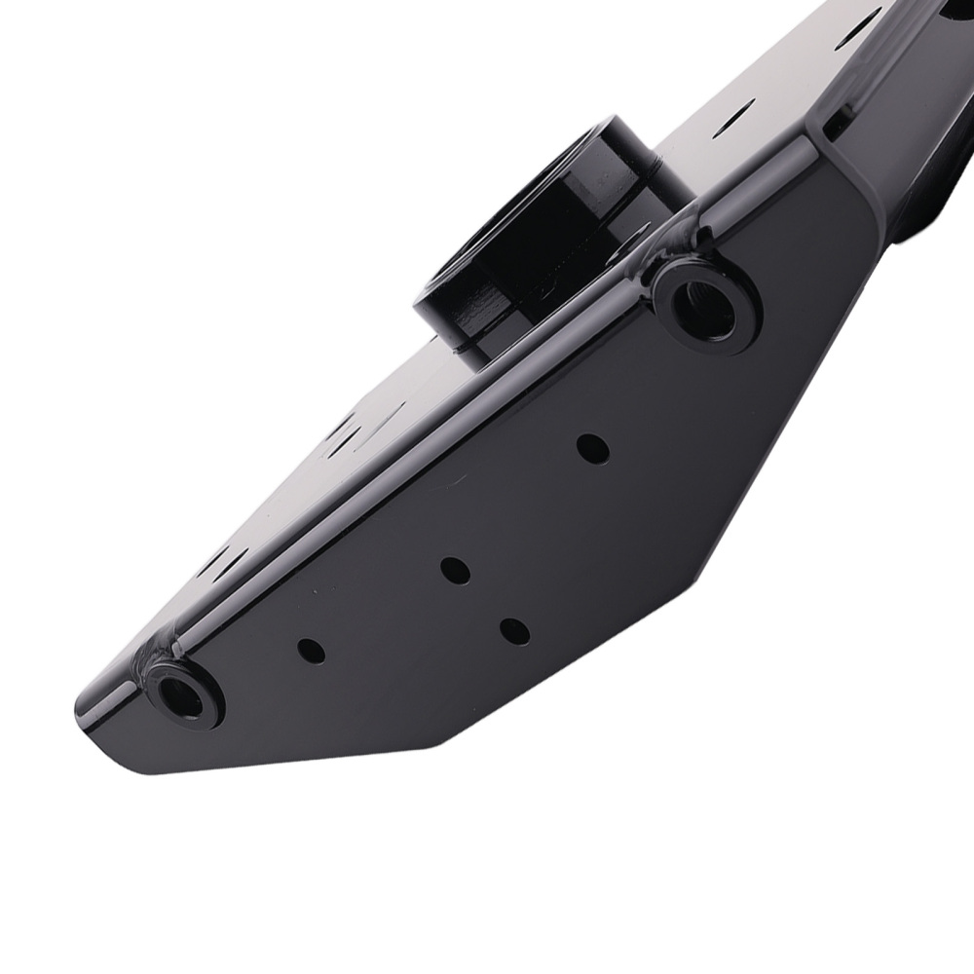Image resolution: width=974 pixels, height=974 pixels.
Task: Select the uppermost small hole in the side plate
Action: click(x=592, y=448)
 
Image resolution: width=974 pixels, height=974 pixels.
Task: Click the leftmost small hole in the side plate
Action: click(x=311, y=651)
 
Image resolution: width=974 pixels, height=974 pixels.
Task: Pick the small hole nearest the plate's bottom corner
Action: click(x=514, y=631)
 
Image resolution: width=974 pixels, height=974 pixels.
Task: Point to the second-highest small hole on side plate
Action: click(x=455, y=570)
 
